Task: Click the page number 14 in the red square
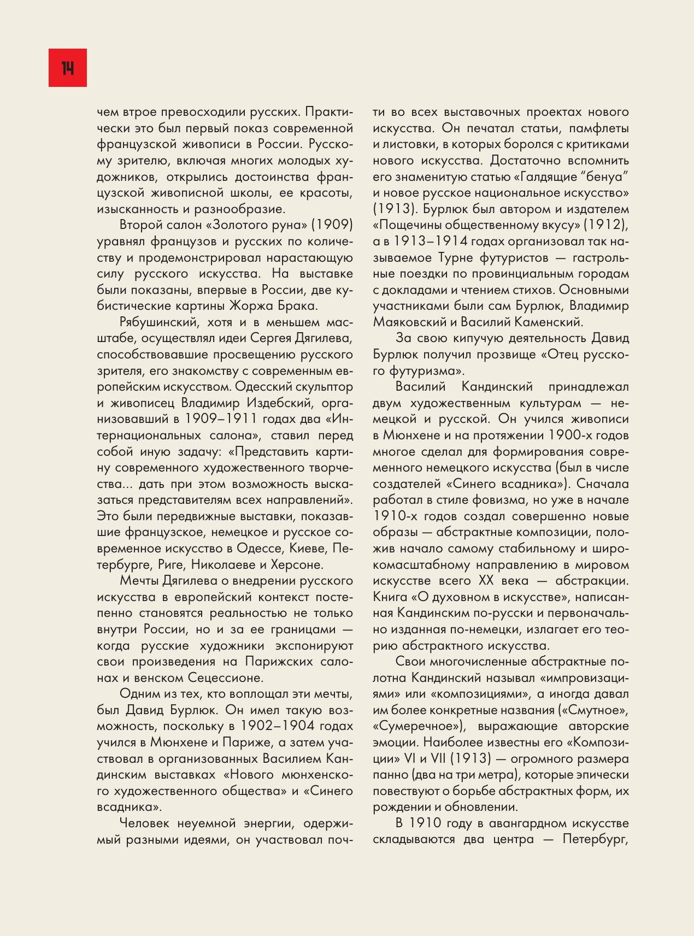(68, 68)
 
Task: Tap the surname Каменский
(550, 322)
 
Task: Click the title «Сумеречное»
(419, 726)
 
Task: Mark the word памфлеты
(599, 128)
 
